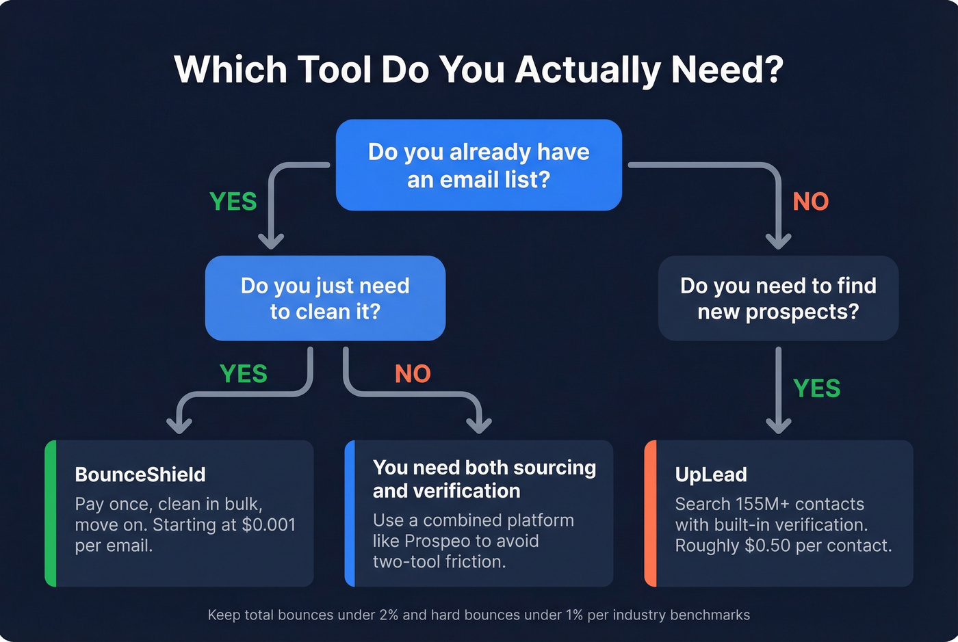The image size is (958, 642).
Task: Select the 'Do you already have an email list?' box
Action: tap(478, 165)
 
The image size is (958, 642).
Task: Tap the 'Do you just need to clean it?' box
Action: tap(325, 298)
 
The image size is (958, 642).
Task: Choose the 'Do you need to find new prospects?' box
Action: tap(778, 298)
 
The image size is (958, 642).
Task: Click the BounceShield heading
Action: tap(140, 474)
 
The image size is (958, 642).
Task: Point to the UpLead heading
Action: tap(711, 474)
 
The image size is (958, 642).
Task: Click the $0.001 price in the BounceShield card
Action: tap(268, 525)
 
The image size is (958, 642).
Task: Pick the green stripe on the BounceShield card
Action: tap(50, 513)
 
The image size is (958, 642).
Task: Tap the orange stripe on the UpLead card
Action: tap(650, 513)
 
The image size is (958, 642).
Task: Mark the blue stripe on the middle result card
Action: tap(350, 513)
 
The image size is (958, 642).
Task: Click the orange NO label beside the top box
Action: tap(810, 202)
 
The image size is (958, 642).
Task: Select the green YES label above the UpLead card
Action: tap(816, 388)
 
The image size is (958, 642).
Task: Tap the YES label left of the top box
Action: tap(233, 202)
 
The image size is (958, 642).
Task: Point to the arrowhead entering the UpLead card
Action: tap(778, 425)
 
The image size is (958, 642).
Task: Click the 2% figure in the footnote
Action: tap(389, 615)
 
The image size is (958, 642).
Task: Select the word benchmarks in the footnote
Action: tap(710, 615)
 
